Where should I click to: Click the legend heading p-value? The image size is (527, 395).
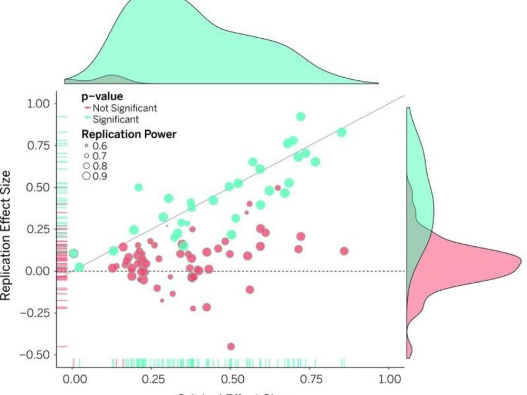[102, 97]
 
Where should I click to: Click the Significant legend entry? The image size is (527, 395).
[115, 119]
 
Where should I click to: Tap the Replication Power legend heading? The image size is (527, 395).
[129, 133]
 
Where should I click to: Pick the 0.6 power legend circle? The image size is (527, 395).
[86, 146]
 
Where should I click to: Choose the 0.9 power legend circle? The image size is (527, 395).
[86, 177]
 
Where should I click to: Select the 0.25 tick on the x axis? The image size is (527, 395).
[152, 379]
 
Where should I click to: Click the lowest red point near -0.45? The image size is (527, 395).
[231, 346]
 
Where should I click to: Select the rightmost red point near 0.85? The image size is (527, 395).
[344, 251]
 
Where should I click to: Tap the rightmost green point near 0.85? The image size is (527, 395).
[341, 132]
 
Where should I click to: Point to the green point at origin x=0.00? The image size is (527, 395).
[73, 253]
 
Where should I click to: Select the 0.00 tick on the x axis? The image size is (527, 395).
[73, 379]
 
